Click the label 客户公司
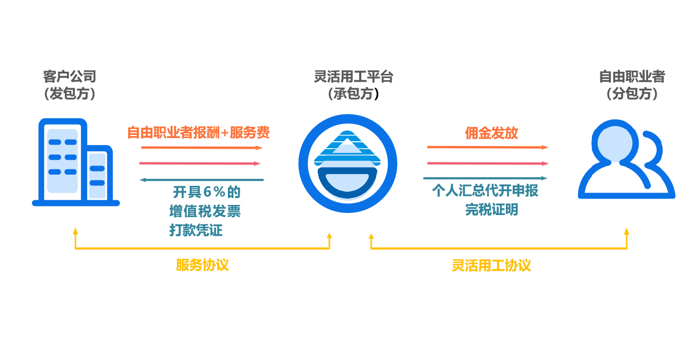pyautogui.click(x=70, y=77)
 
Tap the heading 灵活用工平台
pyautogui.click(x=353, y=77)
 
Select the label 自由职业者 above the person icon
pyautogui.click(x=632, y=77)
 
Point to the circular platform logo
pyautogui.click(x=348, y=163)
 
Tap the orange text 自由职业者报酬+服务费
pyautogui.click(x=198, y=133)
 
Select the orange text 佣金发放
pyautogui.click(x=491, y=133)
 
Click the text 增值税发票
pyautogui.click(x=205, y=211)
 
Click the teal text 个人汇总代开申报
pyautogui.click(x=485, y=191)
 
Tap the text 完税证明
pyautogui.click(x=491, y=210)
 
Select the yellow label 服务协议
pyautogui.click(x=202, y=265)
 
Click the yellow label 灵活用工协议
pyautogui.click(x=491, y=265)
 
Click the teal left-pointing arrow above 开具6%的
pyautogui.click(x=201, y=180)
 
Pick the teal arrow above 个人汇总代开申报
pyautogui.click(x=485, y=178)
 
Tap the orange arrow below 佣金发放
pyautogui.click(x=488, y=147)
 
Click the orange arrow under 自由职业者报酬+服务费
pyautogui.click(x=202, y=148)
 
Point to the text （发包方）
pyautogui.click(x=70, y=95)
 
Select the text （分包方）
pyautogui.click(x=632, y=95)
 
